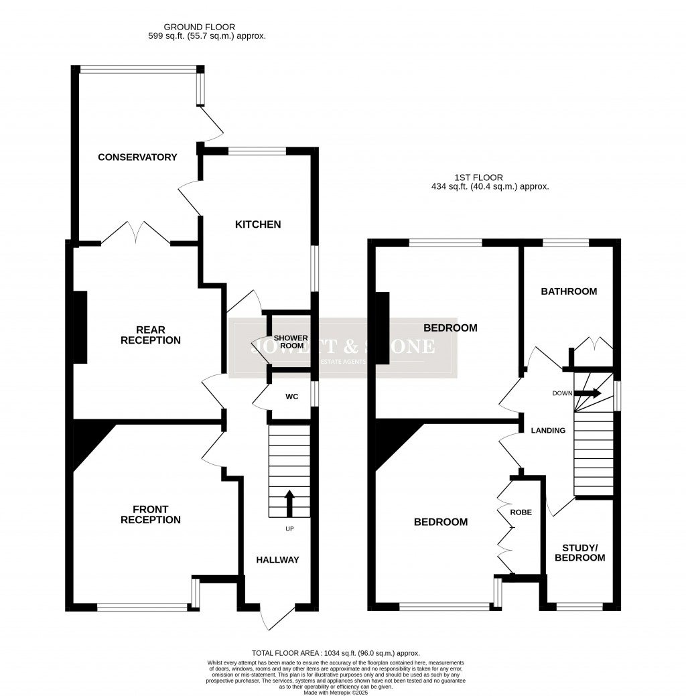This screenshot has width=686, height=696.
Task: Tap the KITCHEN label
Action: (x=257, y=224)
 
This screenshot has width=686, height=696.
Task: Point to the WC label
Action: (x=291, y=397)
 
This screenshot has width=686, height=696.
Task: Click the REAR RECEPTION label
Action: (x=150, y=335)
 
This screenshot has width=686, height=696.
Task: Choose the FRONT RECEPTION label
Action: (x=150, y=514)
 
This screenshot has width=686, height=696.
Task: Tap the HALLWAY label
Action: (x=278, y=560)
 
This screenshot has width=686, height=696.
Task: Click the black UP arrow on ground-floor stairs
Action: (x=289, y=503)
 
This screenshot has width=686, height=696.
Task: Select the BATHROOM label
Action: (x=569, y=291)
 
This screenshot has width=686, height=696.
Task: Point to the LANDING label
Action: (x=549, y=431)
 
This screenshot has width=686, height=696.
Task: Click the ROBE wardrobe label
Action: (x=521, y=512)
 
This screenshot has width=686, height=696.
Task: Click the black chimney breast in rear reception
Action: (x=80, y=328)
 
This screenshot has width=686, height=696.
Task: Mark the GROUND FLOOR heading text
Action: (x=207, y=31)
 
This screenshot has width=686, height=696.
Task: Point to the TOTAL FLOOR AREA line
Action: (x=336, y=652)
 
